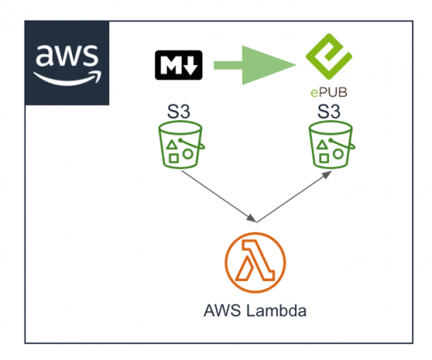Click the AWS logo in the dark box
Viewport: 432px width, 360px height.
coord(67,63)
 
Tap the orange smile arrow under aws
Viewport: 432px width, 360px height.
coord(68,78)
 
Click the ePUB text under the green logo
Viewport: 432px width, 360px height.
coord(328,93)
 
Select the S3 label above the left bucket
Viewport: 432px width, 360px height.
coord(180,109)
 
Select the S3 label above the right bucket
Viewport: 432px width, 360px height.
coord(328,109)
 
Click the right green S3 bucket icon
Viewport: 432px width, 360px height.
coord(328,146)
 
